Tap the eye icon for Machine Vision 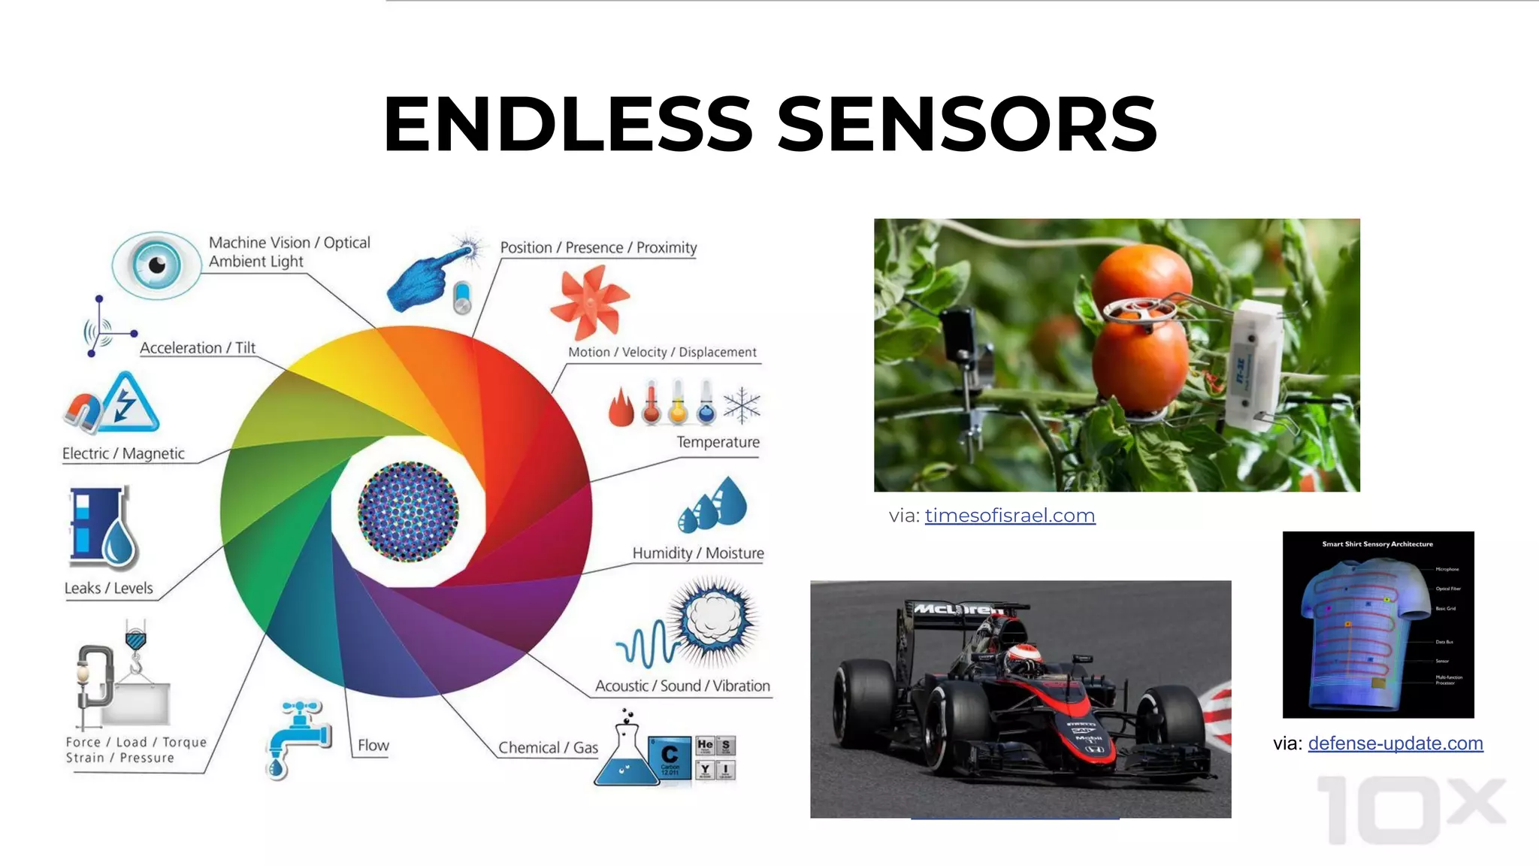click(x=156, y=265)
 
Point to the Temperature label click(x=718, y=442)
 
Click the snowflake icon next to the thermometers click(x=742, y=405)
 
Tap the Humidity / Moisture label click(x=697, y=553)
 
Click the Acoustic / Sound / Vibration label click(x=682, y=686)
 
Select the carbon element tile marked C click(x=669, y=758)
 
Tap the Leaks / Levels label click(x=108, y=588)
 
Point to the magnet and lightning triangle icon click(x=113, y=404)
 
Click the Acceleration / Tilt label click(x=198, y=348)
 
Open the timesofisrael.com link click(x=1009, y=516)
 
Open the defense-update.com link click(x=1395, y=743)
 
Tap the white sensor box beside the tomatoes click(x=1252, y=365)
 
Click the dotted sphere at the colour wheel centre click(x=408, y=512)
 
